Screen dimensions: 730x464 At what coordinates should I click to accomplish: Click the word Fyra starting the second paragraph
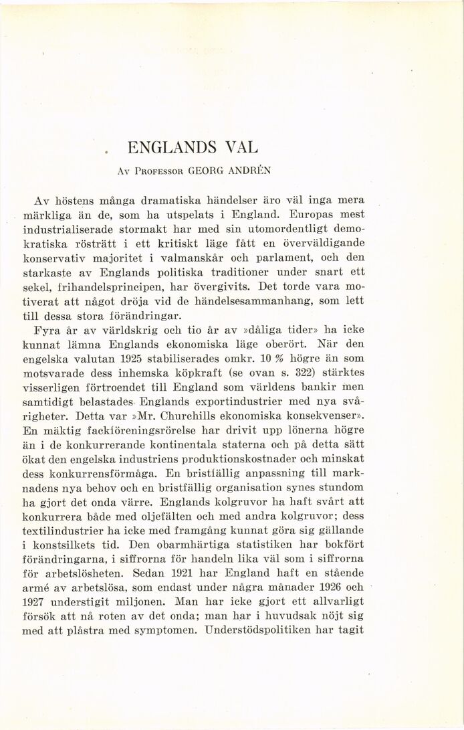tap(48, 331)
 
